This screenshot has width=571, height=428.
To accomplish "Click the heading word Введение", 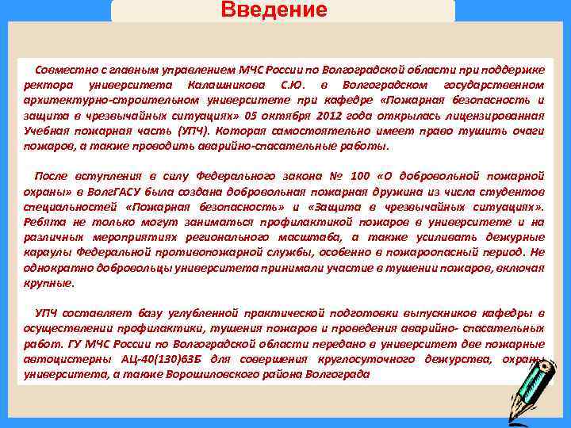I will click(x=274, y=10).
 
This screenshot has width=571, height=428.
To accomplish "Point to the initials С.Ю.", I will click(x=291, y=84).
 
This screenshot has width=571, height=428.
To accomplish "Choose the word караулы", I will click(x=47, y=253).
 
